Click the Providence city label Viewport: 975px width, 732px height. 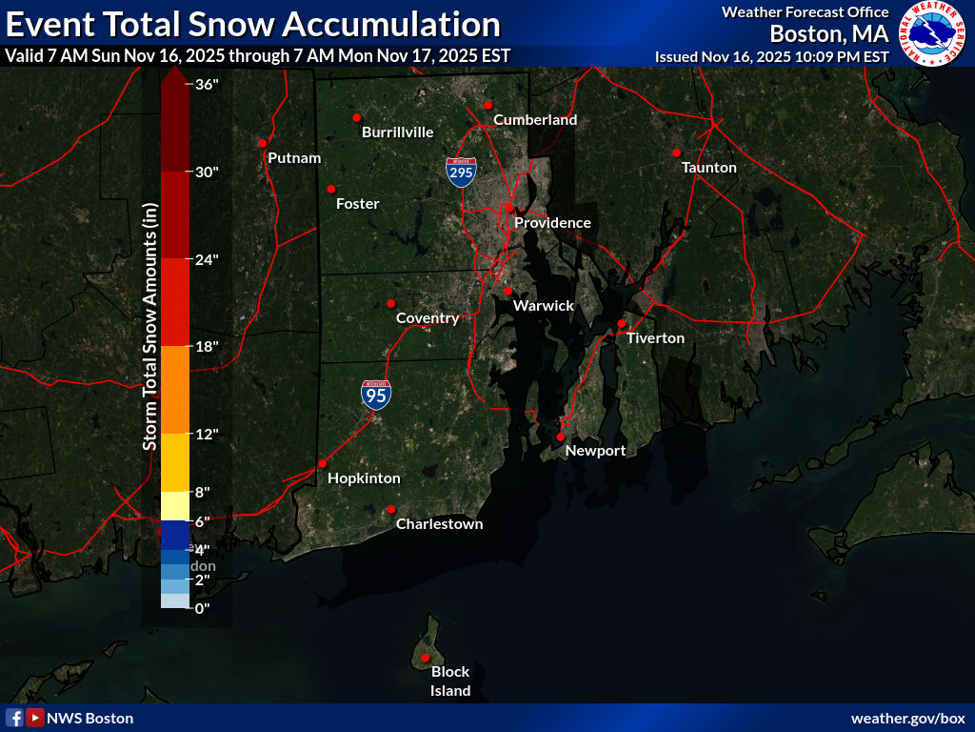[552, 223]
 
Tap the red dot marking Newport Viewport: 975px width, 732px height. [561, 437]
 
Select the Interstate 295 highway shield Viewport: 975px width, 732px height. [461, 172]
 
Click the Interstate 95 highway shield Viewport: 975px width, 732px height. [376, 395]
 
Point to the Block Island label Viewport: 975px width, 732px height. [450, 681]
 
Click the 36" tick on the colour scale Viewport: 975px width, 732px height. [208, 84]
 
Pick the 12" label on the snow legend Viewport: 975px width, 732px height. [208, 435]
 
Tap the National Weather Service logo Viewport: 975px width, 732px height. [933, 33]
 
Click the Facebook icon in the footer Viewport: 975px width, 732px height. [14, 718]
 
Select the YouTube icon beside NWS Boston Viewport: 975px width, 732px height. [35, 718]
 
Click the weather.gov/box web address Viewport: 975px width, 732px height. [907, 718]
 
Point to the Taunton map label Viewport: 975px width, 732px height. [709, 168]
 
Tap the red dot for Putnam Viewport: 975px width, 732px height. [262, 143]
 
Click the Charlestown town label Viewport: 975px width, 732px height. [439, 524]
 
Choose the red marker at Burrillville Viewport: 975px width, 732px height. [357, 117]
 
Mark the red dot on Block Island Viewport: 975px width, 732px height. [425, 658]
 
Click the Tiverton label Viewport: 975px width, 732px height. [655, 338]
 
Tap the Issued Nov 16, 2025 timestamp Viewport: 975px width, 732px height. [771, 56]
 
